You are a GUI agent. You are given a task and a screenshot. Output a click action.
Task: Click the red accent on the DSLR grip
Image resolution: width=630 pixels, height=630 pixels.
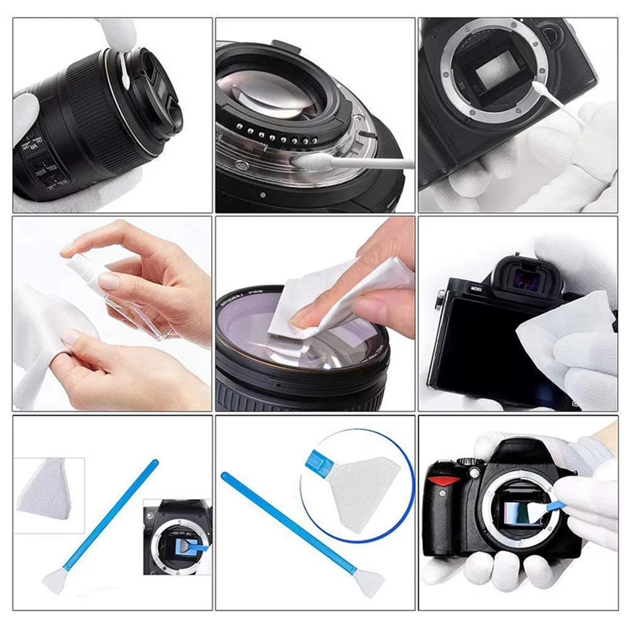click(444, 480)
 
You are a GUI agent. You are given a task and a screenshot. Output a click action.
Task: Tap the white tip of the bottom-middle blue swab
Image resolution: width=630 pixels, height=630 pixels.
click(364, 582)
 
